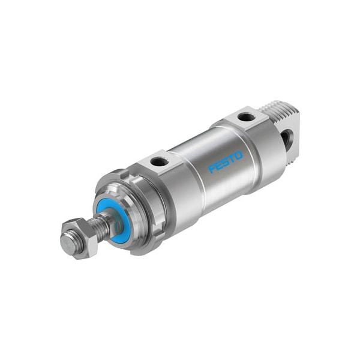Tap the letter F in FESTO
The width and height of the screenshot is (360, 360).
coord(212,169)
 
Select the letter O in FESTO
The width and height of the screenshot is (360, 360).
coord(239,155)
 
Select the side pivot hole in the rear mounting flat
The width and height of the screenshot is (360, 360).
coord(287,139)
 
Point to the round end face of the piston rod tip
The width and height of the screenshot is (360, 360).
coord(69,242)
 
